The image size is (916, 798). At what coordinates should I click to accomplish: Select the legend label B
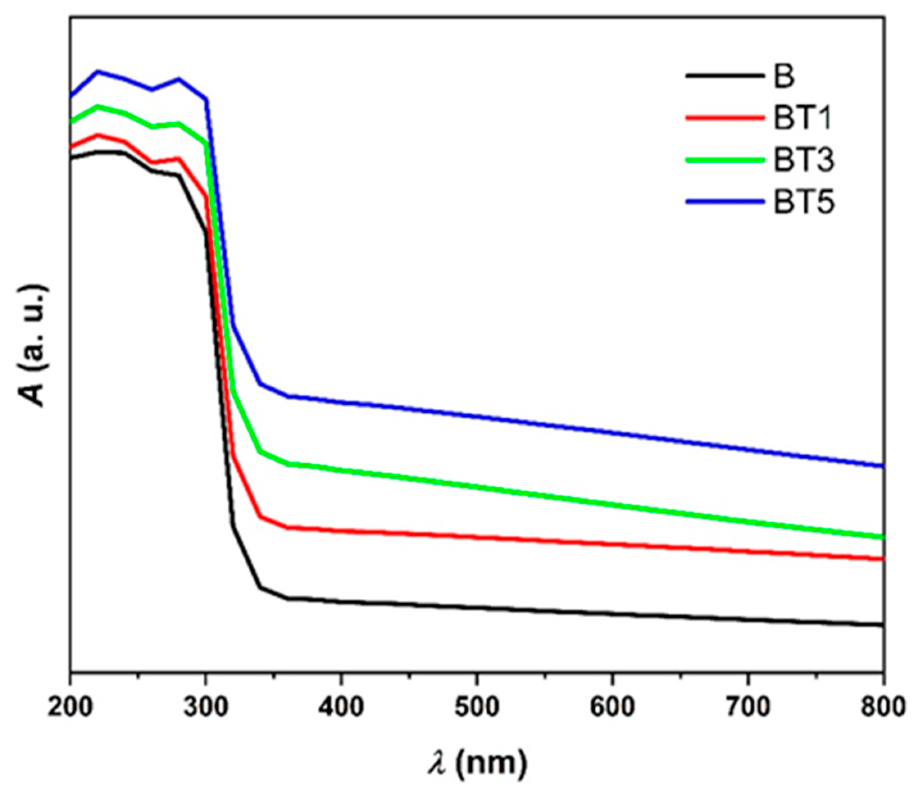784,76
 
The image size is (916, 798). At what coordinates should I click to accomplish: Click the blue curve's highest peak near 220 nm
98,71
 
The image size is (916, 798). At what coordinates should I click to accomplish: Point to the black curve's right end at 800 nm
882,625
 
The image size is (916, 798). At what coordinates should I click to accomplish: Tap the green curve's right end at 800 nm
882,537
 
